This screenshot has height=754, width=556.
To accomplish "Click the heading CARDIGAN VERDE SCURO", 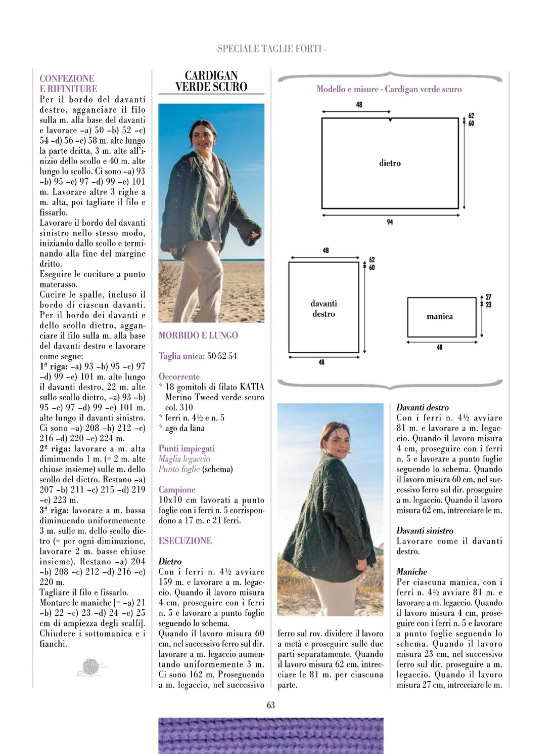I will point(211,81).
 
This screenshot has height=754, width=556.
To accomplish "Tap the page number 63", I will point(271,705).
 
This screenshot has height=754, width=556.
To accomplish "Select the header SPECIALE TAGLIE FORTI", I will point(271,49).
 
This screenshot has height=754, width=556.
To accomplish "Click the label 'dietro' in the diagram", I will point(390,163).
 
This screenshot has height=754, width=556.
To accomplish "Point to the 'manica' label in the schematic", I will point(440,316).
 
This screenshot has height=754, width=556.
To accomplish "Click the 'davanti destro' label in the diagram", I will point(323,309).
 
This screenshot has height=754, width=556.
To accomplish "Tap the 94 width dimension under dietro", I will point(390,222).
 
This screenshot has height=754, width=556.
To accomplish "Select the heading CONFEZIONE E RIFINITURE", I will point(68,83).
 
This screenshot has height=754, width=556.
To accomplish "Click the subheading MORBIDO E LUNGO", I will point(198,335).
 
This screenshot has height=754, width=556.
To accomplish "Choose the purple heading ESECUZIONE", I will point(185,540).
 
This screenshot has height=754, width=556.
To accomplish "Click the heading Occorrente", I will point(179,376).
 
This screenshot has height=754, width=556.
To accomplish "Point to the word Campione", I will point(177,489).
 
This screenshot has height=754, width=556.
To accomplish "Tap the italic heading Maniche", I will point(411,571).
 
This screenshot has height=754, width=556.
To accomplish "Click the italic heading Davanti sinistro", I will point(425,530).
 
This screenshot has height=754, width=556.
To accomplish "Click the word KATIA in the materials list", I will point(252,387).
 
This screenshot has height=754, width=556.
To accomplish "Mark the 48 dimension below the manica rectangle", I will point(440,347).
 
